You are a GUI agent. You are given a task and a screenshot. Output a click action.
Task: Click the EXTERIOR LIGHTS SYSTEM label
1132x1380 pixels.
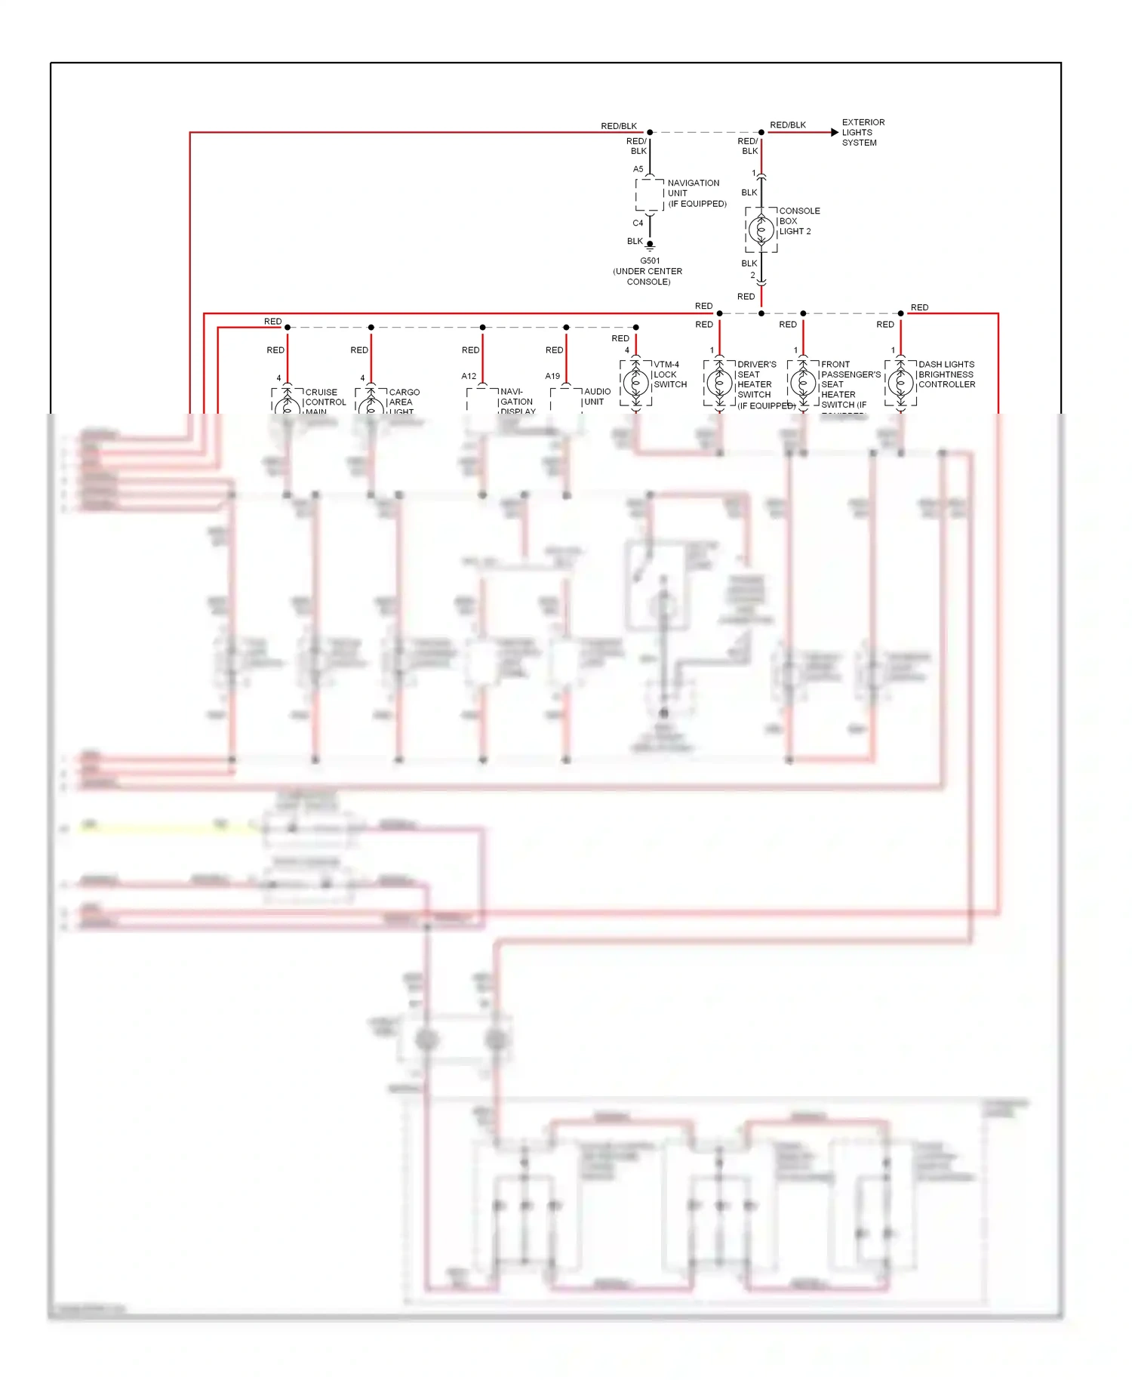(863, 132)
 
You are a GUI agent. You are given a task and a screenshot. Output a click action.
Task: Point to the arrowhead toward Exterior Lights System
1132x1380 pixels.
(834, 132)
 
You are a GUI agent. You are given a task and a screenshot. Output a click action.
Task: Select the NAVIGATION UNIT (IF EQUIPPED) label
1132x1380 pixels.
(696, 193)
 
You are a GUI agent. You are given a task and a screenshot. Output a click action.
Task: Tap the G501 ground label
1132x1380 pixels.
(649, 261)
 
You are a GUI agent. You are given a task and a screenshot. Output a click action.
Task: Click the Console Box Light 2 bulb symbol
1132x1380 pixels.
(761, 229)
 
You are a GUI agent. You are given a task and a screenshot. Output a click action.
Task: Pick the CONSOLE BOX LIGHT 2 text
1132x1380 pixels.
(798, 221)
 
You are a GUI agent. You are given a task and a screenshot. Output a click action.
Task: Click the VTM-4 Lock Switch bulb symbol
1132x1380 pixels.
(635, 384)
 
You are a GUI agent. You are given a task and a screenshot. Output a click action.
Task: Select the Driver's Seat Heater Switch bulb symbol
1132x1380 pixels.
(719, 384)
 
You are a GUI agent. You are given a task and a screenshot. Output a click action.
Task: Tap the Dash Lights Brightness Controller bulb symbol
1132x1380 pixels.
(900, 384)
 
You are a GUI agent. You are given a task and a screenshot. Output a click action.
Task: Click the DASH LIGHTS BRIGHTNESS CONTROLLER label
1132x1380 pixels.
(946, 374)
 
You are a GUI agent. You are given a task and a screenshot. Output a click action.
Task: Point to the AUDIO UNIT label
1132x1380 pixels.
(596, 396)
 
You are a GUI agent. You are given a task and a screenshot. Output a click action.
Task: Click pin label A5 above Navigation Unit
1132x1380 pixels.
(638, 169)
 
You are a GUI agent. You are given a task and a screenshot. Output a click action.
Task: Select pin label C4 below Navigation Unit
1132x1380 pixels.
(638, 223)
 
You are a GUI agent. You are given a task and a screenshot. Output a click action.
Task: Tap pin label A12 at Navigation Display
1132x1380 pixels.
(469, 376)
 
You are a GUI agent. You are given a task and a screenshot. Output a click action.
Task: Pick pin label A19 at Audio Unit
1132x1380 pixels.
(552, 376)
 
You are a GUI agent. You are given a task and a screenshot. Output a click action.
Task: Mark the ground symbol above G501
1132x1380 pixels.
(650, 246)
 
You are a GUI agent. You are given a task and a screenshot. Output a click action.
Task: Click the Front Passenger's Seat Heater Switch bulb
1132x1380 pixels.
(803, 384)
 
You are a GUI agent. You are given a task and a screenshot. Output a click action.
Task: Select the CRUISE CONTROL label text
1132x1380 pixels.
(325, 398)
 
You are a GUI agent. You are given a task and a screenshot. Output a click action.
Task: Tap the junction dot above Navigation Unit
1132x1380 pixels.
(650, 132)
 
